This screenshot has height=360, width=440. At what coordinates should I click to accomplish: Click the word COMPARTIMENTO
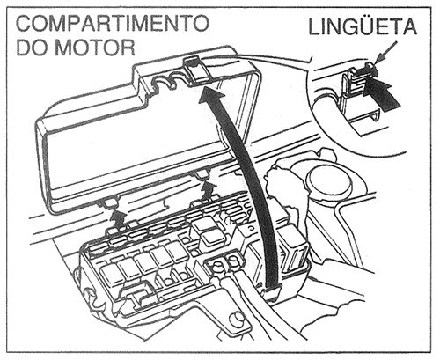pyautogui.click(x=113, y=20)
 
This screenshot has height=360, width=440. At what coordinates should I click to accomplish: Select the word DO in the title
pyautogui.click(x=33, y=45)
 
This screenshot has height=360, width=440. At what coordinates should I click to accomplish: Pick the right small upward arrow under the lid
pyautogui.click(x=205, y=187)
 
